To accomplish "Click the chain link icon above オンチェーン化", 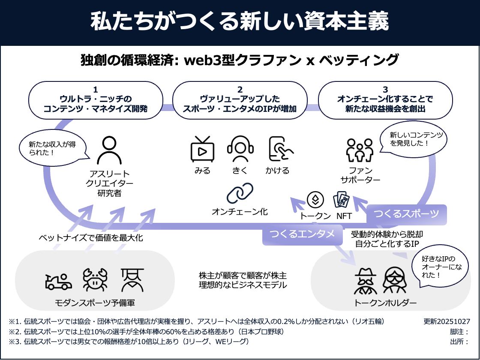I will tap(240, 194).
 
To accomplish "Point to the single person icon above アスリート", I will tap(107, 151).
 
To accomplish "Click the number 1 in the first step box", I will tap(95, 90).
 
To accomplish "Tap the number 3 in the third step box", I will tap(385, 90).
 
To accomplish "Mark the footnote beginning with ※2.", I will tap(146, 332).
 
